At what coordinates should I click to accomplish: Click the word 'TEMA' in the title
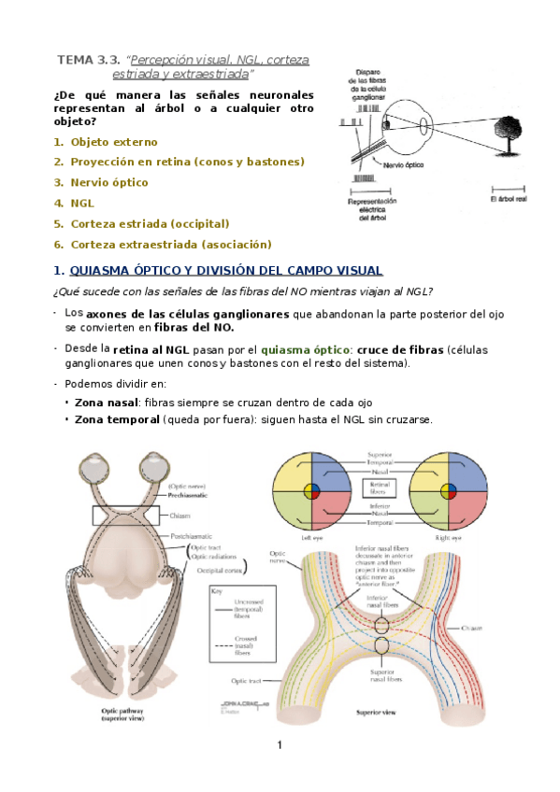click(x=74, y=60)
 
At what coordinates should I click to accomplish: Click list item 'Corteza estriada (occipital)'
click(x=150, y=223)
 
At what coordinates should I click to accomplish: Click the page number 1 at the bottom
click(x=279, y=745)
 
